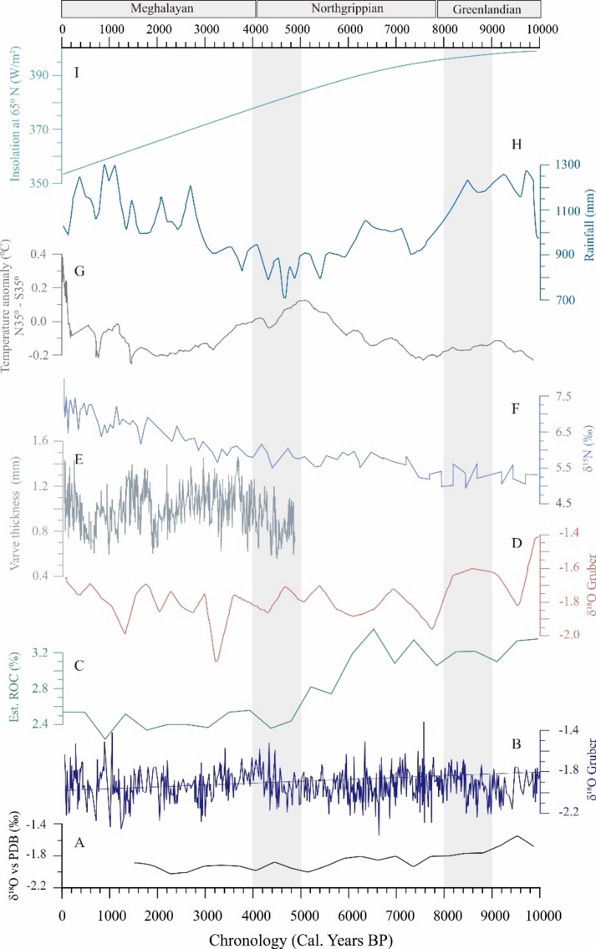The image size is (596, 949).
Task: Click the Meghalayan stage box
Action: click(x=159, y=9)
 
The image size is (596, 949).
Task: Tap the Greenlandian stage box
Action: click(x=488, y=9)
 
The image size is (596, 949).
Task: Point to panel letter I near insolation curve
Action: click(x=76, y=75)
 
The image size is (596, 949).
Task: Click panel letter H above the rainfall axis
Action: click(x=517, y=145)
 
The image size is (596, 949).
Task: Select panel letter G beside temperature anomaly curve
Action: click(x=79, y=271)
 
